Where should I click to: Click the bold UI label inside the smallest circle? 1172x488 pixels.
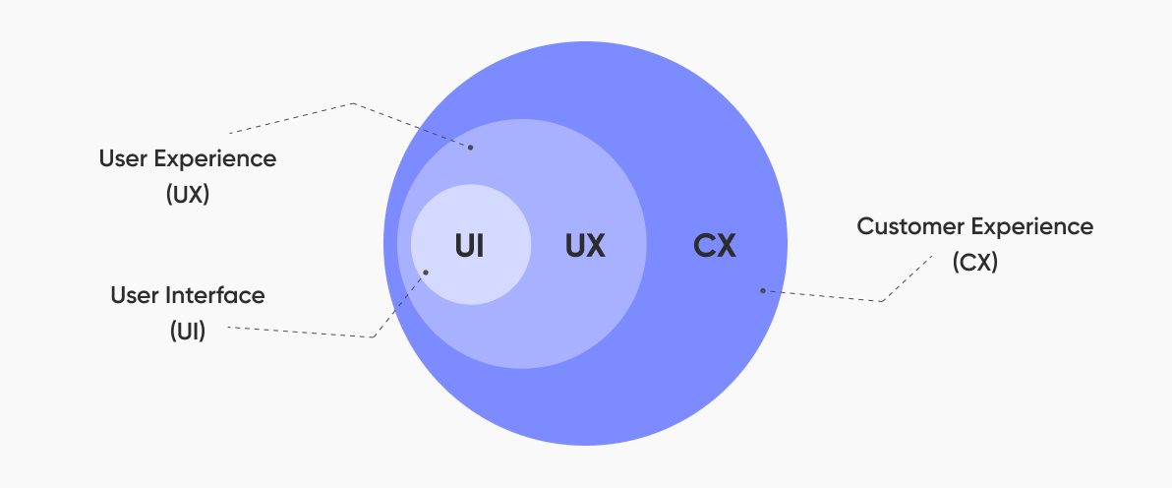click(x=469, y=246)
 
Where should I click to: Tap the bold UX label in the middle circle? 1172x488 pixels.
click(x=585, y=246)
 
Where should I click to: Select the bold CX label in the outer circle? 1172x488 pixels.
click(x=715, y=246)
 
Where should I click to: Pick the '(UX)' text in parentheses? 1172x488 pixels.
click(x=188, y=195)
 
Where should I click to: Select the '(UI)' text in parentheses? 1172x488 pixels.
click(x=188, y=331)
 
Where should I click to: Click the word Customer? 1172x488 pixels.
click(x=902, y=226)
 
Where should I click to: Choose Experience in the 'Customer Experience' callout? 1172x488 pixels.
click(x=1023, y=227)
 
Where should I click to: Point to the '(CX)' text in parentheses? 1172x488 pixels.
click(x=974, y=262)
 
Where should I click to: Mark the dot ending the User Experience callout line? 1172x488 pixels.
click(x=470, y=148)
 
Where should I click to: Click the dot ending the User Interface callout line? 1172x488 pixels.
click(x=426, y=272)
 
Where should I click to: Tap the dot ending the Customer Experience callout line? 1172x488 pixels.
click(x=762, y=290)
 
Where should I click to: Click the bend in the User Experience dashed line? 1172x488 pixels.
click(x=352, y=103)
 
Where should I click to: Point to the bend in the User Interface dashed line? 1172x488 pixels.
click(x=373, y=337)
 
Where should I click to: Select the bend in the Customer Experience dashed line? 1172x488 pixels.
click(x=881, y=301)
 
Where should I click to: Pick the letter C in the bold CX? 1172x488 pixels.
click(x=703, y=246)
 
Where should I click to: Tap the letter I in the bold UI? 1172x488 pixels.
click(x=481, y=246)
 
